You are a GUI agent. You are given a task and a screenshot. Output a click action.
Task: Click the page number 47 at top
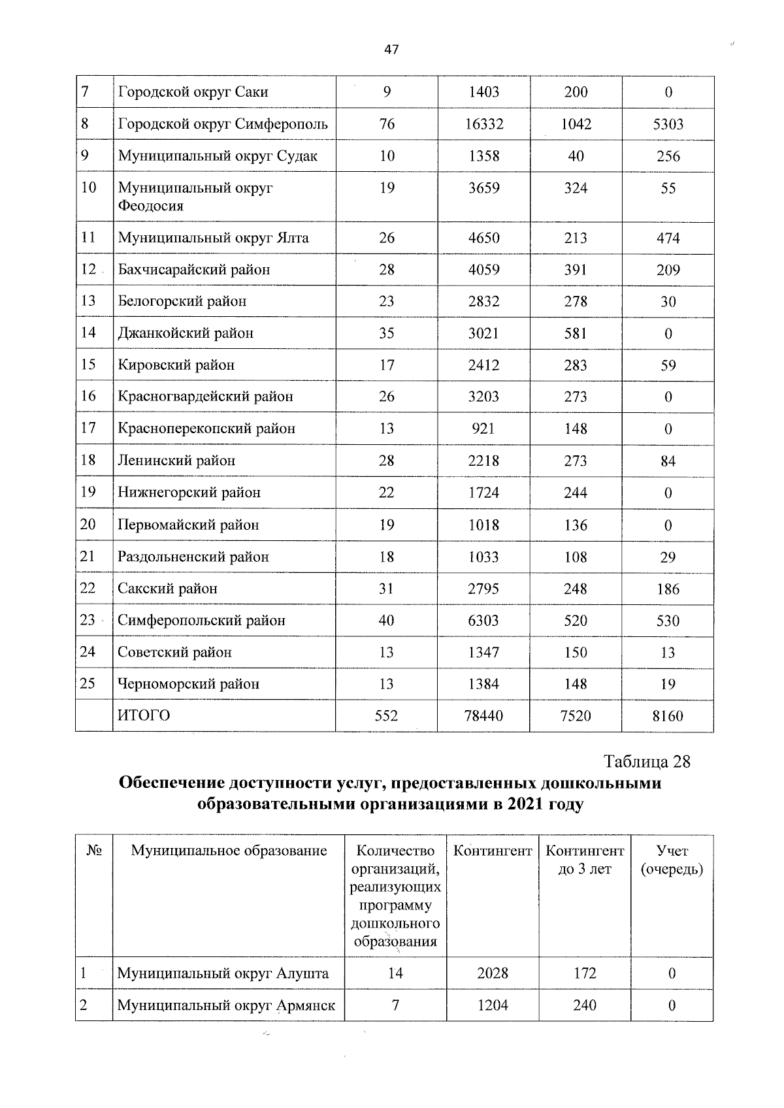(391, 50)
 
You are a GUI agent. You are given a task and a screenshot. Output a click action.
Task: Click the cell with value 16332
(484, 124)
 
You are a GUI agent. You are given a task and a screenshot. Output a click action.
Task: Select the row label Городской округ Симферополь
(223, 124)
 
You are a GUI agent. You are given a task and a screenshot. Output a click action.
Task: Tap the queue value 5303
(668, 124)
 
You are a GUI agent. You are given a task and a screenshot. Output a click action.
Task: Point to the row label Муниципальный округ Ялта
(213, 238)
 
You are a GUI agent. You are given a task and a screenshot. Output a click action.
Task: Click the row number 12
(88, 269)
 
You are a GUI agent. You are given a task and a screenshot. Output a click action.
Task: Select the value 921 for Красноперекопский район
(483, 429)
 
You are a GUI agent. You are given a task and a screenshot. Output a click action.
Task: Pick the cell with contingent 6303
(483, 621)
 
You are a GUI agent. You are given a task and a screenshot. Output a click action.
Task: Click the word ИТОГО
(144, 716)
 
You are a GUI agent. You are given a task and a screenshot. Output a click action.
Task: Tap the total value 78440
(483, 716)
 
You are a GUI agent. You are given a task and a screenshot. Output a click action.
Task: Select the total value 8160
(668, 716)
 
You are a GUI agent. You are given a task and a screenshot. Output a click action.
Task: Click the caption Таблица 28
(647, 762)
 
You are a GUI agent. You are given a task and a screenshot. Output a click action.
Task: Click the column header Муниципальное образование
(229, 851)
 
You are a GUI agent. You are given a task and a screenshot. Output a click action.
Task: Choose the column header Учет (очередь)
(672, 860)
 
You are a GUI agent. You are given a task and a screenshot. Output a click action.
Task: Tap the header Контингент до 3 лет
(585, 860)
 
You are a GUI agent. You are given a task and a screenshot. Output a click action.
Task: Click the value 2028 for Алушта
(493, 973)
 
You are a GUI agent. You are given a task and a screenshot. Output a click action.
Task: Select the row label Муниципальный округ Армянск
(226, 1005)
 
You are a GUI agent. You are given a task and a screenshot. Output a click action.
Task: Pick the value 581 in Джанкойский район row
(576, 333)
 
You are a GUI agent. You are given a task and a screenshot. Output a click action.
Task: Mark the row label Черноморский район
(188, 684)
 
